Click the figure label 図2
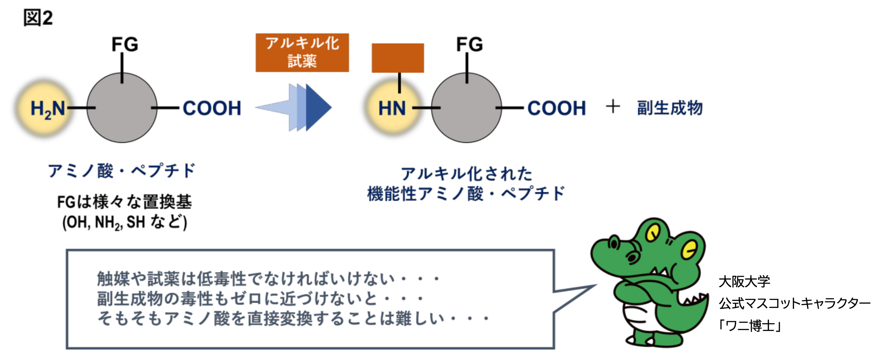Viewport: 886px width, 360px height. [38, 18]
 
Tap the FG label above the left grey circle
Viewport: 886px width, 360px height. [125, 45]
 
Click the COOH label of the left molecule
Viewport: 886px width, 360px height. [212, 108]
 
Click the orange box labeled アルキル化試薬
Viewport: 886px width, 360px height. [302, 53]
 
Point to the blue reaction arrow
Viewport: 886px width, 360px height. [297, 107]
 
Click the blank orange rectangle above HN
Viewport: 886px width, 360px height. [398, 58]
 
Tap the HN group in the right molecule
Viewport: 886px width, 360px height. [392, 108]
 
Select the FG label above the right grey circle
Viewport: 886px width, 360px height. [470, 45]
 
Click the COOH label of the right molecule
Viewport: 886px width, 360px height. [557, 108]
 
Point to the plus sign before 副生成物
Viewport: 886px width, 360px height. [613, 106]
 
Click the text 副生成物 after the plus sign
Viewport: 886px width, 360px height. [670, 108]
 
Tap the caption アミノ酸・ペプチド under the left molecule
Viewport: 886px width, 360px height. [122, 171]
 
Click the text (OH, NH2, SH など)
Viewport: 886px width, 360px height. [125, 222]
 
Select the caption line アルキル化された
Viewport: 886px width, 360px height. [466, 174]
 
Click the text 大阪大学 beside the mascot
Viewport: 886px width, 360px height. [744, 281]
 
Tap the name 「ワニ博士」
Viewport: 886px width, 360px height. [750, 326]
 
